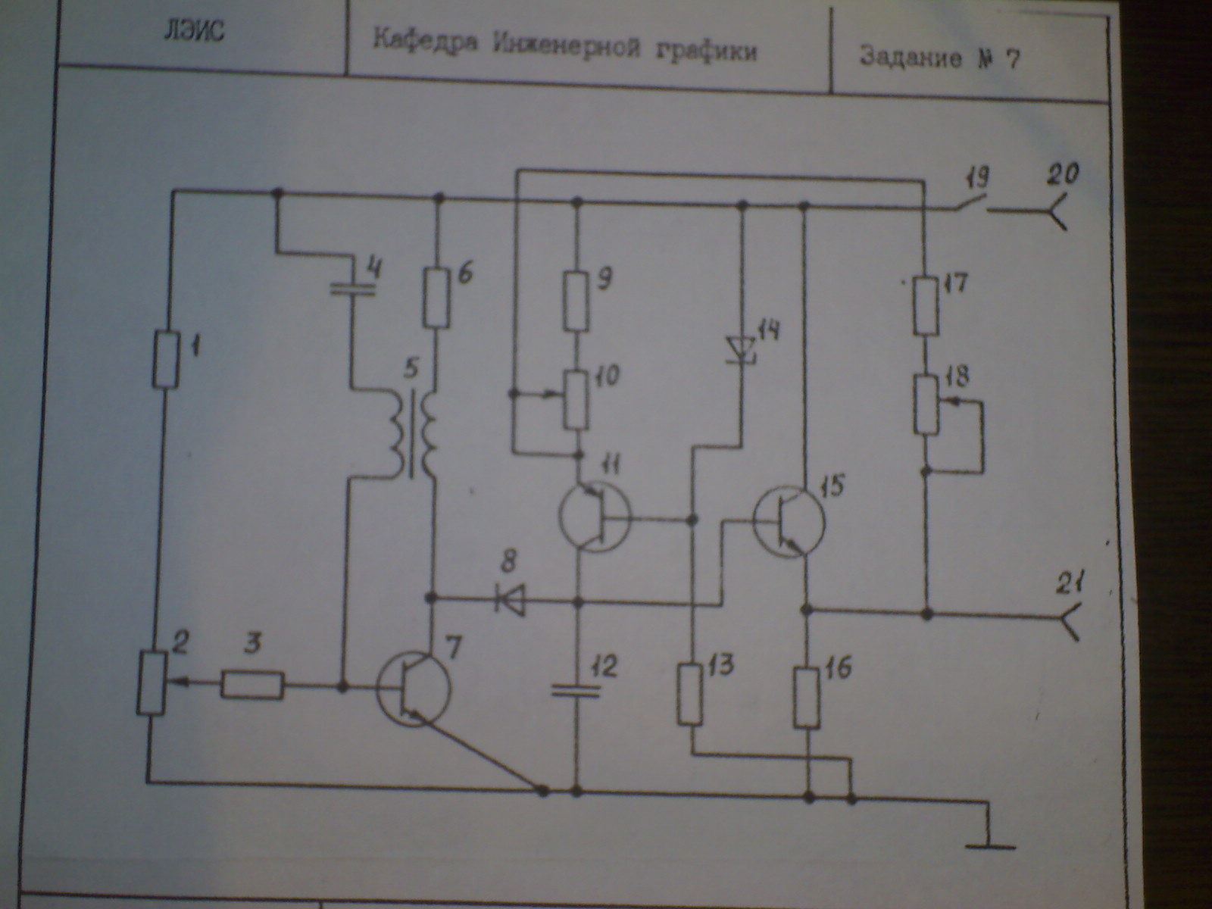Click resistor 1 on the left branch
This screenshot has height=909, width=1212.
[x=166, y=360]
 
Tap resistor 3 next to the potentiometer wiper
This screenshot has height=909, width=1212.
[x=253, y=686]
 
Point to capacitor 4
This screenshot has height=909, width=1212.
[x=353, y=289]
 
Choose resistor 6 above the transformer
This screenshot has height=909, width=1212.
[x=437, y=297]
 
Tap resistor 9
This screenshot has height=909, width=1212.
[x=576, y=302]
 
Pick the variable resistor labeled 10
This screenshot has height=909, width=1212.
[x=576, y=398]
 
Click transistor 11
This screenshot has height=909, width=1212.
[x=594, y=518]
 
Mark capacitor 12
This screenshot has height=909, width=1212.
[x=576, y=689]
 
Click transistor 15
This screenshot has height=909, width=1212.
[x=789, y=522]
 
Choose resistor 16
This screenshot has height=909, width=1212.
[x=807, y=696]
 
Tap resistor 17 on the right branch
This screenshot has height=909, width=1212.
[x=925, y=306]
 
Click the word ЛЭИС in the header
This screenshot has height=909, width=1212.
[x=194, y=33]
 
